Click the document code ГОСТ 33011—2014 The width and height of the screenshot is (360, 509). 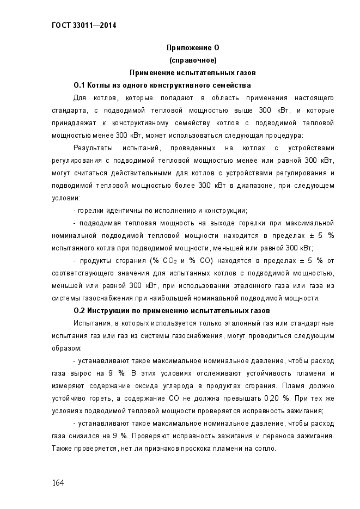(x=84, y=25)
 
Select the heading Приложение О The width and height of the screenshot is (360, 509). (x=193, y=48)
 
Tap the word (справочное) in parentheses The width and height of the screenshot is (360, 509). (x=193, y=60)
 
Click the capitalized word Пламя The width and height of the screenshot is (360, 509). (x=293, y=386)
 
